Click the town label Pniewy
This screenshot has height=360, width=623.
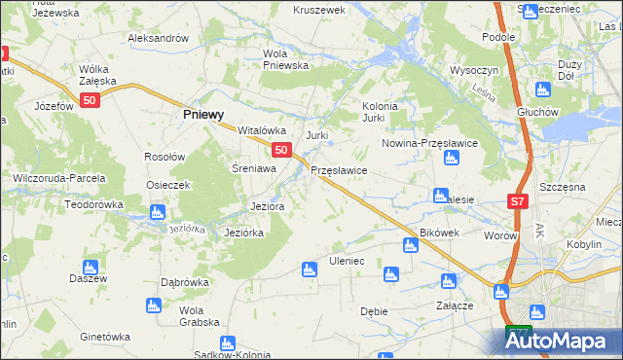click(205, 114)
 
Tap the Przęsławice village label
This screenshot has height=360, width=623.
click(339, 170)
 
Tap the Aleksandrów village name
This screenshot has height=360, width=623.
click(158, 38)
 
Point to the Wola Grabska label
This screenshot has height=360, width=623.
click(199, 316)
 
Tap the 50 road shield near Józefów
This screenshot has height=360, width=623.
click(91, 100)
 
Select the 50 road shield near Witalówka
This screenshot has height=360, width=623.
click(280, 150)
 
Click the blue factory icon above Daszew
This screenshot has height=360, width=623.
click(91, 267)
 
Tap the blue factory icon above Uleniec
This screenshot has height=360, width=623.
click(310, 269)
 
